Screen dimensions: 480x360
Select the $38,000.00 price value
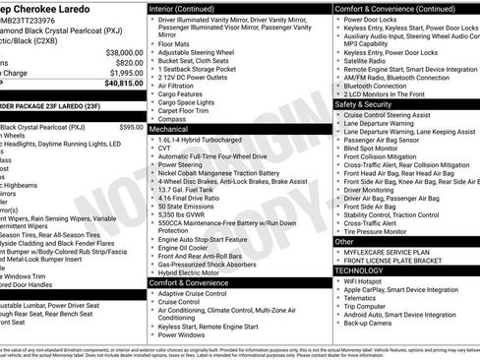(x=118, y=51)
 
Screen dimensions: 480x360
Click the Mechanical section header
(x=170, y=129)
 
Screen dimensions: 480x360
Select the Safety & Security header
(x=363, y=103)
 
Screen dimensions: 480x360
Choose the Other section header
(x=345, y=241)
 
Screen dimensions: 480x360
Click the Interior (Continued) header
(x=188, y=8)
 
